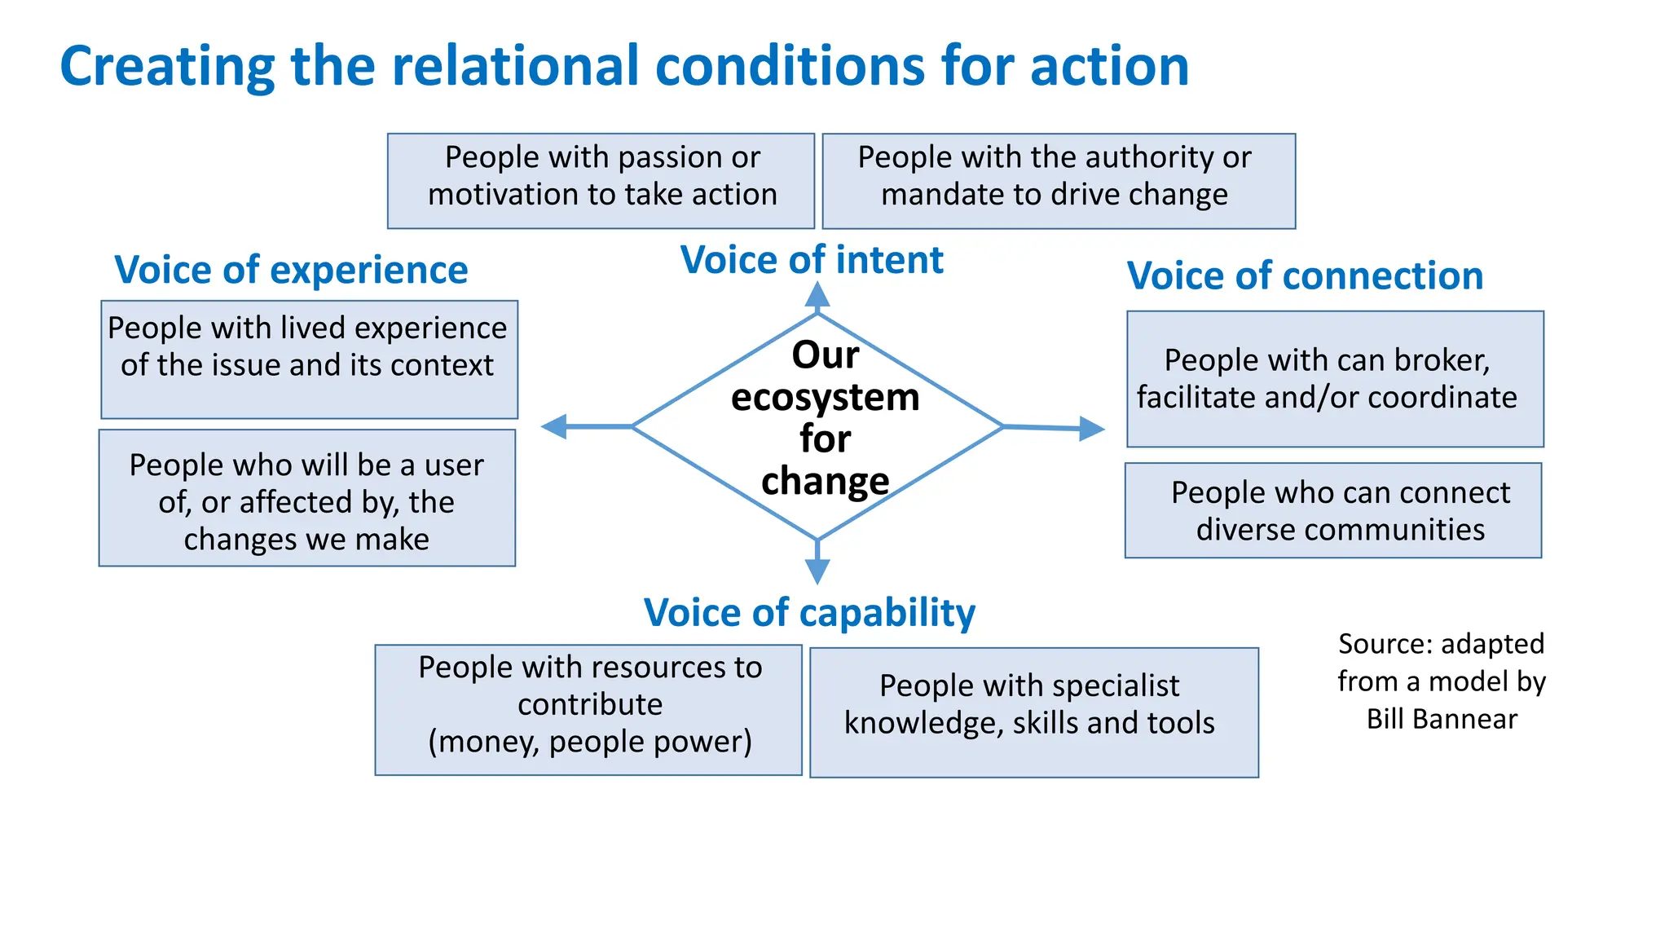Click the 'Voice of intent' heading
tap(812, 261)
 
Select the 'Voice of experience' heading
tap(291, 271)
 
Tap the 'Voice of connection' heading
tap(1305, 276)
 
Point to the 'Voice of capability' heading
tap(809, 613)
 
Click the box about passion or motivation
tap(601, 181)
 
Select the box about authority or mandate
tap(1058, 181)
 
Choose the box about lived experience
tap(309, 359)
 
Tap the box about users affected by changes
tap(307, 498)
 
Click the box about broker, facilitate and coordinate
tap(1335, 379)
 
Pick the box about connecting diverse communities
tap(1333, 511)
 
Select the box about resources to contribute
tap(588, 710)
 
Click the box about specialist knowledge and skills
tap(1033, 712)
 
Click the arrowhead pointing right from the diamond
tap(1091, 428)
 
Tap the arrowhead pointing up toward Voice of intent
tap(817, 295)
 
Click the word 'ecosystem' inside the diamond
tap(825, 398)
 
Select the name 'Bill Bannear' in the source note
tap(1442, 720)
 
